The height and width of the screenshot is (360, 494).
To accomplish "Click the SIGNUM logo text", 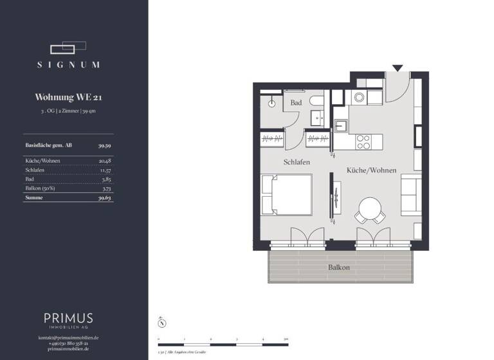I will [68, 64].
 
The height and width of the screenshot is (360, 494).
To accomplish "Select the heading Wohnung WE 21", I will [68, 98].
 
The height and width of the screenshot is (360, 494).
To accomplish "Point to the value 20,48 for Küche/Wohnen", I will [105, 160].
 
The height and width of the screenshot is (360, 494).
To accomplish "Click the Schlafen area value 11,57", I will [105, 170].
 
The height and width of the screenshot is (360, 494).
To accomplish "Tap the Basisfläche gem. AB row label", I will [48, 146].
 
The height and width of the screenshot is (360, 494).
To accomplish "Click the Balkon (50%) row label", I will [40, 189].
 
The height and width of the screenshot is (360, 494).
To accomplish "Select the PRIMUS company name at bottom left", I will [68, 318].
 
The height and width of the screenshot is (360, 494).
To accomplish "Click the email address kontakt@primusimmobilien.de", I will [68, 337].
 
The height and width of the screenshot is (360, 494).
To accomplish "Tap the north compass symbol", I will [163, 323].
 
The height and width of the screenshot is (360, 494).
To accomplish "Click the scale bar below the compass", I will [223, 338].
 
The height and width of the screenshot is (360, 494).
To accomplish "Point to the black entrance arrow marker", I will [398, 67].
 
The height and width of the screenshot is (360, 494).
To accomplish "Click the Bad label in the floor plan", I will [296, 103].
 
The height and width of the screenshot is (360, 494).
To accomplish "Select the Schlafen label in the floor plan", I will [297, 163].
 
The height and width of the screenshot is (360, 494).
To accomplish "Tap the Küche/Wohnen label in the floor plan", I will [371, 170].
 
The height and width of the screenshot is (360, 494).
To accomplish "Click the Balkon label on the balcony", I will [339, 267].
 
